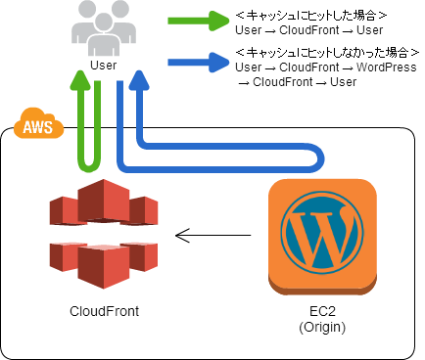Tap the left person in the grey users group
point(83,25)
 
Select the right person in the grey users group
point(122,25)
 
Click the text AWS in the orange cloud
point(38,127)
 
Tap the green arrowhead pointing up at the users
point(81,77)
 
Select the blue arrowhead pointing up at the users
point(139,77)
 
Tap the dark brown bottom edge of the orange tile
point(322,289)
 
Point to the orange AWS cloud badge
point(38,124)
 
